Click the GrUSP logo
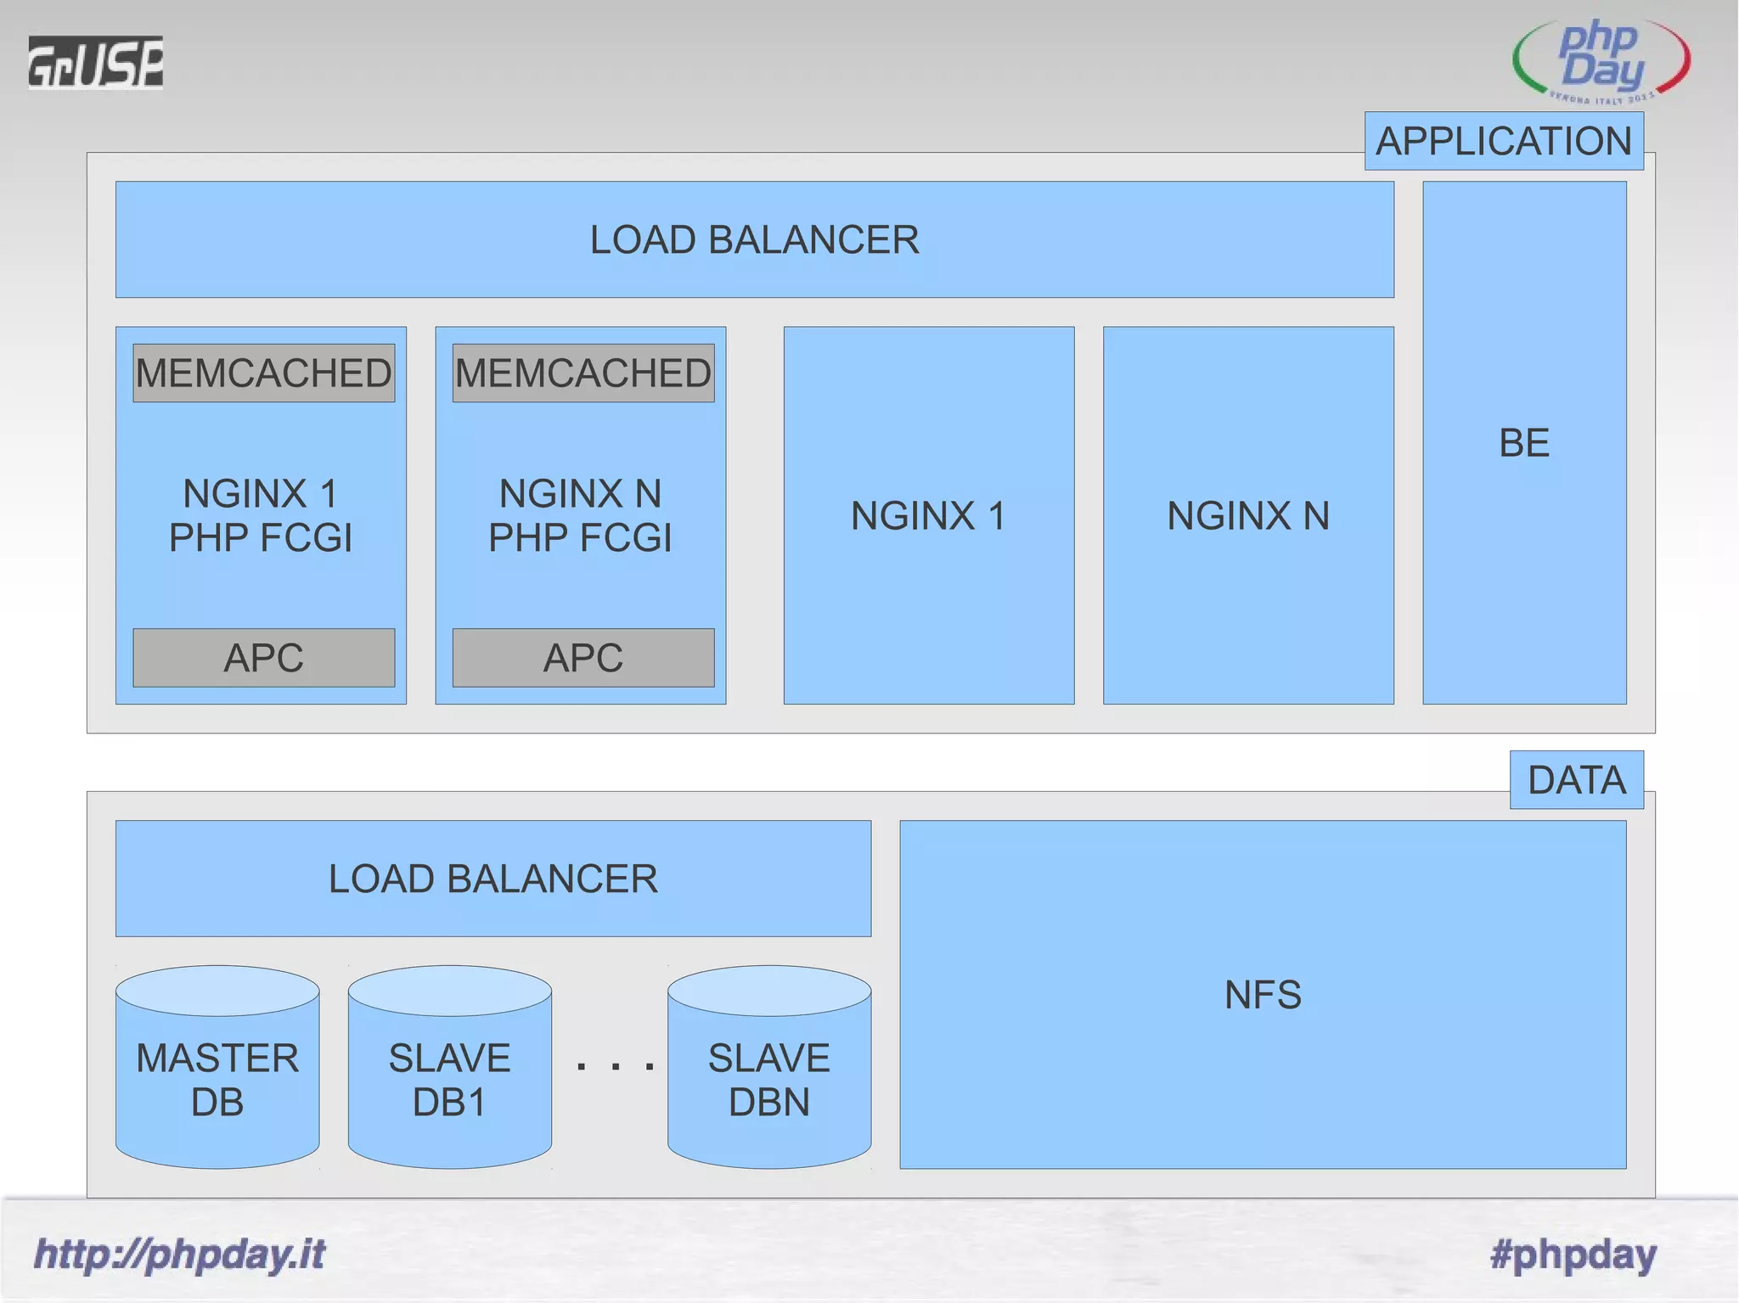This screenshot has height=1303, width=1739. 95,62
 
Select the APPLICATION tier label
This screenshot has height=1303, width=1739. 1503,141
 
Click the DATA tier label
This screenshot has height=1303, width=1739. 1576,779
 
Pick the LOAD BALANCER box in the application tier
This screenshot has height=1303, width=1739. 754,239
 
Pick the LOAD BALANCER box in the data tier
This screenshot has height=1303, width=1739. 492,879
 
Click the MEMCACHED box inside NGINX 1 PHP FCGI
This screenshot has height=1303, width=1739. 263,373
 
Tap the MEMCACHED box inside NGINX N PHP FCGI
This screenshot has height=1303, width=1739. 582,373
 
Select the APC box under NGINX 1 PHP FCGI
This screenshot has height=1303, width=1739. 263,658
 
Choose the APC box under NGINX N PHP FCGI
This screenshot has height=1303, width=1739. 582,658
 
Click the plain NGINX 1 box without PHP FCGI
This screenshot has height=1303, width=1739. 928,515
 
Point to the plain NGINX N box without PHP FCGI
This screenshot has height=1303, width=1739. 1247,515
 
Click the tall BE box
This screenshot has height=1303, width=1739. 1524,442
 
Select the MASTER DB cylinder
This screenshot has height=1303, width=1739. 217,1078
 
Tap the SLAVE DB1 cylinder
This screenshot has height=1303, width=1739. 449,1078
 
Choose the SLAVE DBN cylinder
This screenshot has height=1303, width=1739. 768,1078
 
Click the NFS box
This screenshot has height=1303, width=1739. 1263,994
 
